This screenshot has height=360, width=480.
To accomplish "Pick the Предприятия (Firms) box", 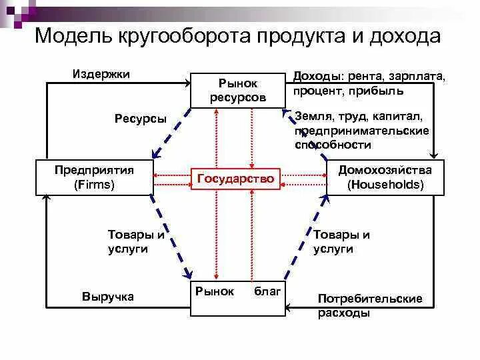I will point(95,177).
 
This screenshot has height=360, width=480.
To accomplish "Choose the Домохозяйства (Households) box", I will point(385,177).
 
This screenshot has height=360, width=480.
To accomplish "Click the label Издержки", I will point(101,73).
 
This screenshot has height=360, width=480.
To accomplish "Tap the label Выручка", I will point(108,297).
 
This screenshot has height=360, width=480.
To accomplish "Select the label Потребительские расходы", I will point(370,305).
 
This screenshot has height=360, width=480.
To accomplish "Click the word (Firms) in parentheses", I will point(95,185).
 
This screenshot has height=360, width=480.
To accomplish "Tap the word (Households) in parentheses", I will point(385,185).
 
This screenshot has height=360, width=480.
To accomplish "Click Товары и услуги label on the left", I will point(136,241).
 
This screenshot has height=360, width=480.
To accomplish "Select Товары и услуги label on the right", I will point(341,241).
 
